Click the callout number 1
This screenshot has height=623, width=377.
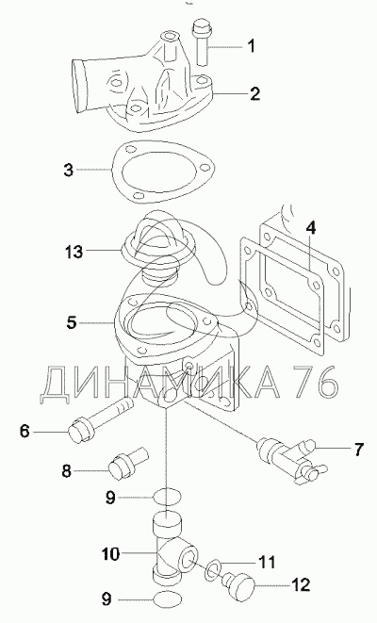(251, 47)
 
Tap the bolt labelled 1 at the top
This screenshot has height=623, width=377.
(202, 42)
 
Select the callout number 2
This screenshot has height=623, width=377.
(254, 93)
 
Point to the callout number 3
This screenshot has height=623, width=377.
(69, 170)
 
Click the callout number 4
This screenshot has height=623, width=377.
(311, 228)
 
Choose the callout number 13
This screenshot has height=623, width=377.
(74, 252)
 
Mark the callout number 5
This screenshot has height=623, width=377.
(72, 322)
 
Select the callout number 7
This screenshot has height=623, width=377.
(358, 449)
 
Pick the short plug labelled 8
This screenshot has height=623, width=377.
(128, 464)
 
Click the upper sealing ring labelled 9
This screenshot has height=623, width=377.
(167, 496)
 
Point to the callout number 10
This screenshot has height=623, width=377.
(111, 553)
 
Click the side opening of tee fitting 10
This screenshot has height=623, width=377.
(188, 557)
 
